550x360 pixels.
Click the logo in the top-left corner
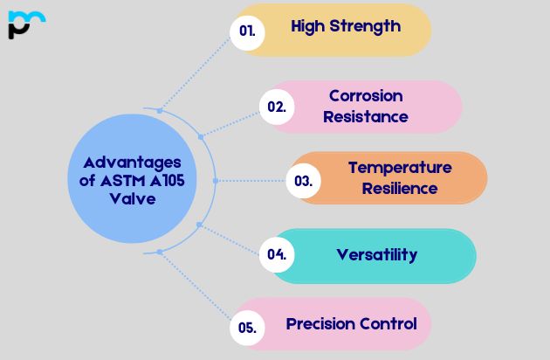click(25, 24)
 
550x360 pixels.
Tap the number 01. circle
click(247, 30)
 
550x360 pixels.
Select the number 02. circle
click(276, 107)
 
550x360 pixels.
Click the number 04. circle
click(277, 255)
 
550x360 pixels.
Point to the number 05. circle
click(247, 328)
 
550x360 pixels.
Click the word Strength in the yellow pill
click(366, 26)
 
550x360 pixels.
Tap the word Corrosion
click(366, 95)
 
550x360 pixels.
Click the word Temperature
click(400, 167)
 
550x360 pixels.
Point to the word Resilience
click(400, 188)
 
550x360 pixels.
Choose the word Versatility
click(376, 255)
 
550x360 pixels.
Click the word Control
click(388, 324)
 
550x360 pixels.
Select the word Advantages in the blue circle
click(133, 163)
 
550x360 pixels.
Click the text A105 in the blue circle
click(171, 181)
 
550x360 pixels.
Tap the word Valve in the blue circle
click(133, 198)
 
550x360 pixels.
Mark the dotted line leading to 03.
click(253, 181)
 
